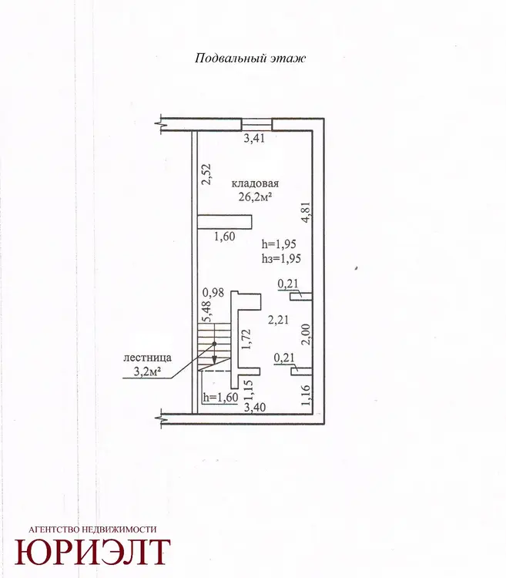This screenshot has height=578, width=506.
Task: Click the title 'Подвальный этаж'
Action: [x=250, y=59]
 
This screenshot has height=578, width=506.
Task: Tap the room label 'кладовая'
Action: [x=255, y=183]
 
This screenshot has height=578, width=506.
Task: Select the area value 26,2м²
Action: [x=255, y=197]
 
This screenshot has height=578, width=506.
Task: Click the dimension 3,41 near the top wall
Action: [x=254, y=139]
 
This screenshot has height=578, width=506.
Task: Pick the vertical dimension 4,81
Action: [x=307, y=212]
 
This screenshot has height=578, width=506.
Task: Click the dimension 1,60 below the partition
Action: [x=225, y=237]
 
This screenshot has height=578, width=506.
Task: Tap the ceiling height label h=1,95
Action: [x=279, y=244]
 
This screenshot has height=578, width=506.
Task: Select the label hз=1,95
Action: [x=281, y=258]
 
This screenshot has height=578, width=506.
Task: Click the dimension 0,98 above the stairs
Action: [x=213, y=293]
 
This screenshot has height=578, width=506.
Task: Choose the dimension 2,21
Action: [x=278, y=320]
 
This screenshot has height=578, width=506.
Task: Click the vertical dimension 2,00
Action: [x=307, y=334]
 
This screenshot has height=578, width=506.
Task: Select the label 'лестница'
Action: [x=147, y=358]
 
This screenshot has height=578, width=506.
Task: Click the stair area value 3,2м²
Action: [x=147, y=372]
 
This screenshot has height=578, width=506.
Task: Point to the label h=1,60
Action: [x=220, y=398]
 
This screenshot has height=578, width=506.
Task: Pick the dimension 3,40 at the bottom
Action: [x=254, y=408]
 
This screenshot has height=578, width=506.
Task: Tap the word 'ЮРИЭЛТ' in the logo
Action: [x=92, y=552]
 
